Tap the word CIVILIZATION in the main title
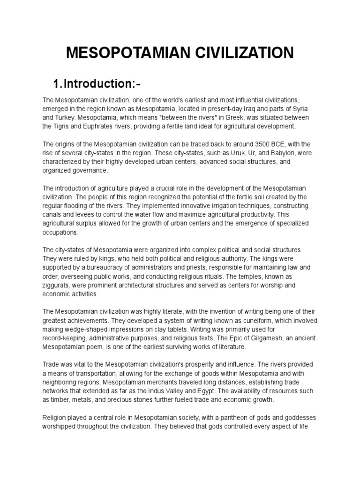pos(244,52)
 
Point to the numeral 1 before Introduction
pos(57,84)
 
